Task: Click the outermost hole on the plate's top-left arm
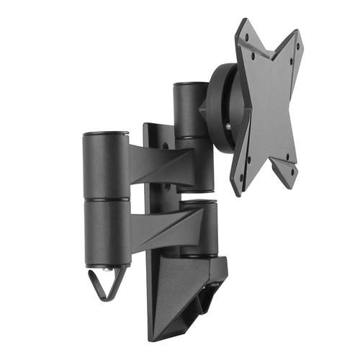tap(246, 33)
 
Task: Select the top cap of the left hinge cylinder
tap(105, 133)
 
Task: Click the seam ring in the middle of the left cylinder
tap(105, 198)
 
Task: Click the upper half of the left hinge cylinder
tap(105, 166)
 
